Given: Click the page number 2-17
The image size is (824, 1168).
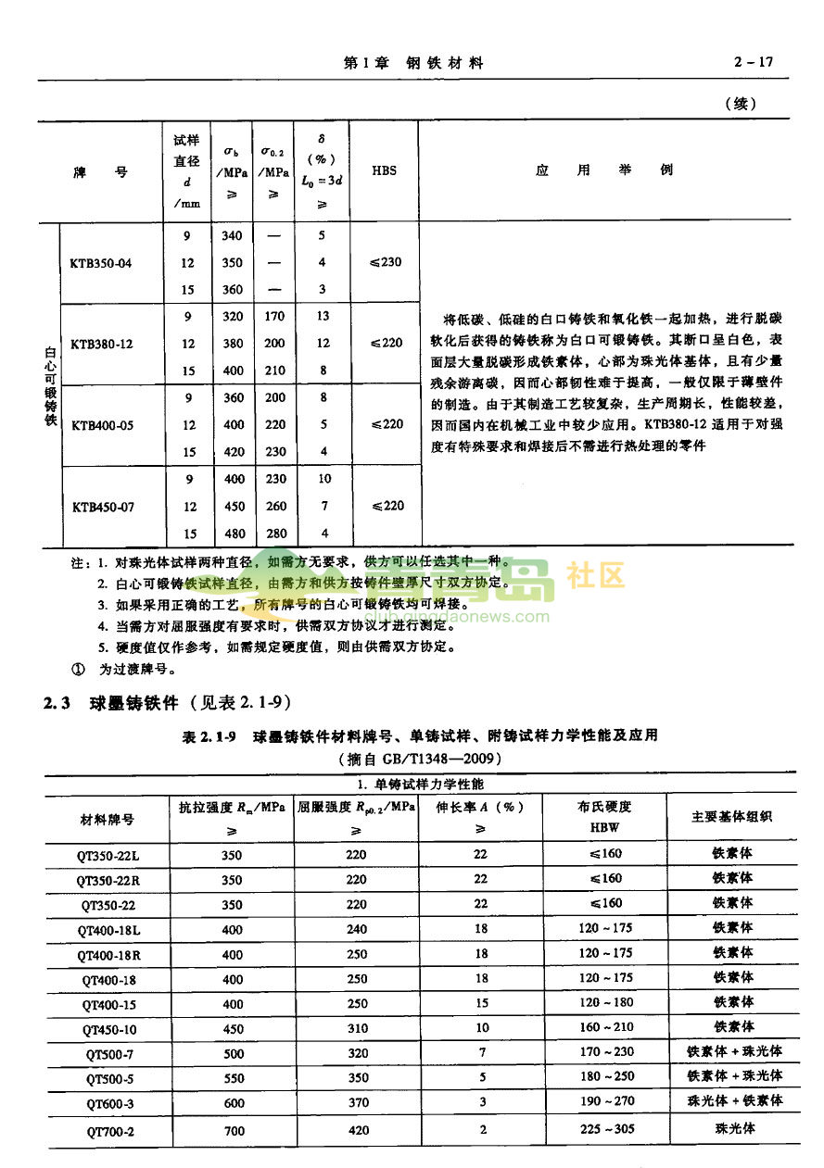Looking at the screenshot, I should [x=753, y=63].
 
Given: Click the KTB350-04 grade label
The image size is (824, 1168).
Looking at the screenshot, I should [x=101, y=263].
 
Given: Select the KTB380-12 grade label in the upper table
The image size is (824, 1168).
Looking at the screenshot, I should [x=101, y=345].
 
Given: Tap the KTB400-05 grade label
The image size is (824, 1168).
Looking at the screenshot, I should [x=101, y=425].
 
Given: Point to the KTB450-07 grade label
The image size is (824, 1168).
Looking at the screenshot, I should [x=101, y=507].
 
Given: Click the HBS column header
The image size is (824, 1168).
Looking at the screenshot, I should [x=384, y=171].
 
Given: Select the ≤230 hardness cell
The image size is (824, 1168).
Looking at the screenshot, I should [x=386, y=262].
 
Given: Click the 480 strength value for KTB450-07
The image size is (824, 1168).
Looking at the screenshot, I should [x=234, y=534].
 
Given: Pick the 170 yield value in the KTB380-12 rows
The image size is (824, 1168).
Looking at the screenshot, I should [x=274, y=316].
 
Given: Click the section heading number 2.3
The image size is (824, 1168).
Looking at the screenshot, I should [x=57, y=703].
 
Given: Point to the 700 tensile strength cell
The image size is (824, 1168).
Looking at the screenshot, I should [x=232, y=1130].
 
